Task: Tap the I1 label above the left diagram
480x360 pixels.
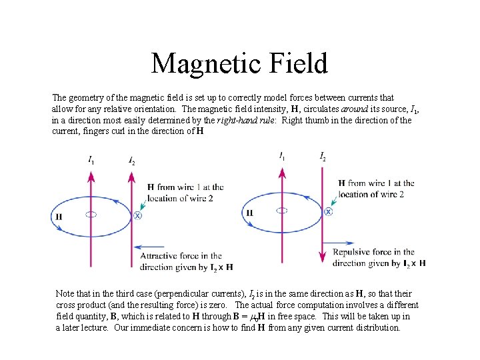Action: pos(91,160)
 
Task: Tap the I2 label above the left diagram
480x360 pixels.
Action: pos(131,161)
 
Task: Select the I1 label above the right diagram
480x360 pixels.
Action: pos(282,157)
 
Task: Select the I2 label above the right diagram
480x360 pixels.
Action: pos(323,157)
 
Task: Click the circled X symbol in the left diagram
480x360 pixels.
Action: pos(137,215)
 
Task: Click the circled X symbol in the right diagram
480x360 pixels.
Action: pos(328,211)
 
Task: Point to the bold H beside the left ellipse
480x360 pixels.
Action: pos(59,217)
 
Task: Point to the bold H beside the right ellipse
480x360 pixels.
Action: pos(250,213)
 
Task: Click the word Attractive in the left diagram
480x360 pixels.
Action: pos(161,256)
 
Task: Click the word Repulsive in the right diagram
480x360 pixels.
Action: pos(355,253)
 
